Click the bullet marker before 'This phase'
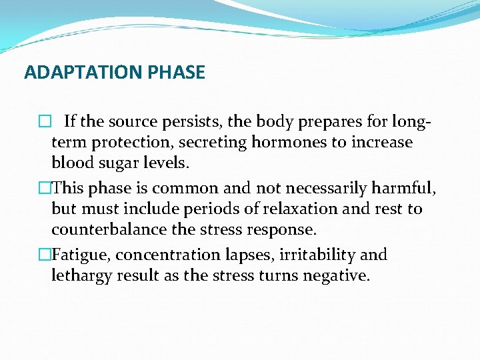[45, 189]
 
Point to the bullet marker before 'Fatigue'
[45, 255]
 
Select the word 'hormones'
[287, 143]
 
